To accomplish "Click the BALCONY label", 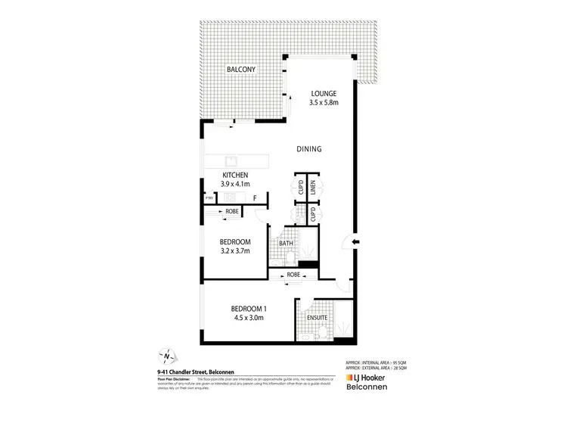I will pos(242,70).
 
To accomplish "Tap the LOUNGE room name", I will pos(324,94).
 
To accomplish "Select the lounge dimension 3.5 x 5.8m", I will pos(324,104).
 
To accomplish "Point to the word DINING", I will pos(308,149).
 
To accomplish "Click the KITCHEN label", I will pos(235,175).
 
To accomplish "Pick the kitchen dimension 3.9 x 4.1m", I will pos(235,185).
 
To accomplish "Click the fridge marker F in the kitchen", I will pos(255,198).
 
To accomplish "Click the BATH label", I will pos(287,243).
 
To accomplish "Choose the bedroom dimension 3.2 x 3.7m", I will pos(230,251).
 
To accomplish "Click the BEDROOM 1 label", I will pos(249,308).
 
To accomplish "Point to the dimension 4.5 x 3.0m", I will pos(249,318).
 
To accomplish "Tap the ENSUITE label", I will pos(317,317).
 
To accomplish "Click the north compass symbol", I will pos(167,356).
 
